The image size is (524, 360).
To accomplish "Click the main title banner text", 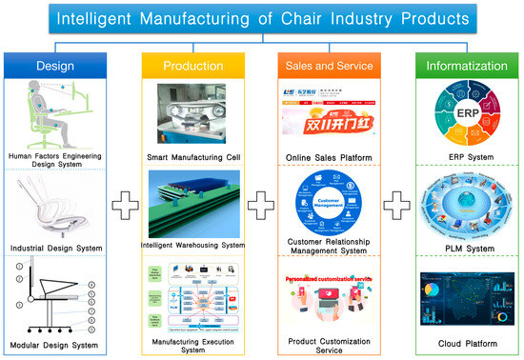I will coord(261,17).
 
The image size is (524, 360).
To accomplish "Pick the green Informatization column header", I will coord(461,66).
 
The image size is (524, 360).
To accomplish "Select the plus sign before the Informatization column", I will coord(395,206).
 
